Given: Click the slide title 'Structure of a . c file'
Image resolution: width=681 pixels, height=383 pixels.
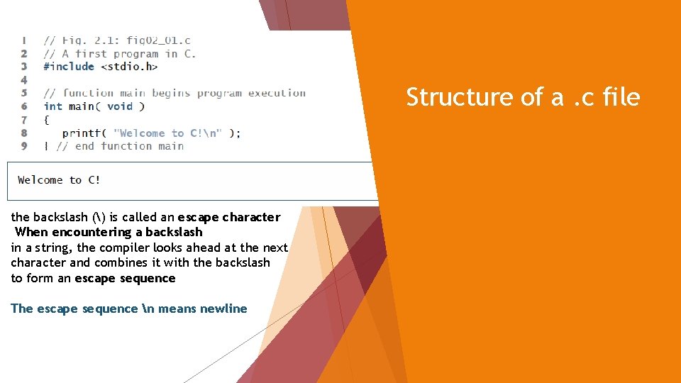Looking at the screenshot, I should (523, 97).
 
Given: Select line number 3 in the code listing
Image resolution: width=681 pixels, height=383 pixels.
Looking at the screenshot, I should (24, 67).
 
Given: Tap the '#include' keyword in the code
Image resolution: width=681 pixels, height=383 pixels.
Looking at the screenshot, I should (69, 67).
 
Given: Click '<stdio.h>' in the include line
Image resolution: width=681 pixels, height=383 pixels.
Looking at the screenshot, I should (129, 67).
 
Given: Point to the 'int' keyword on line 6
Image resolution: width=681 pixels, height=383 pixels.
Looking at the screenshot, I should (52, 106).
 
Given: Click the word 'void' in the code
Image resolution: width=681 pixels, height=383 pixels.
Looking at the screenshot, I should (120, 106).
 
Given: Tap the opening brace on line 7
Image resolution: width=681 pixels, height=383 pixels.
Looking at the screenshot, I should (47, 120).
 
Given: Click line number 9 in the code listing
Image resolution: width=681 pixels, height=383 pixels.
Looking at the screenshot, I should (24, 146).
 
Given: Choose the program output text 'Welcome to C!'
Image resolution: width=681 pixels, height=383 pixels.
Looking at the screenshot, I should (59, 180).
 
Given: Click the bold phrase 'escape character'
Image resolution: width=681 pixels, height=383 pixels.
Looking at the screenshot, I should (229, 217).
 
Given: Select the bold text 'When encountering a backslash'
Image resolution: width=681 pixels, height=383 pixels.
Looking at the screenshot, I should (109, 232).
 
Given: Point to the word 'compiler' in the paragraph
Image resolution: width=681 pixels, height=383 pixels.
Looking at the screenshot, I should (124, 248).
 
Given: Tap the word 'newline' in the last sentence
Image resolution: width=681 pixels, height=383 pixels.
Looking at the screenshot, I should (223, 309).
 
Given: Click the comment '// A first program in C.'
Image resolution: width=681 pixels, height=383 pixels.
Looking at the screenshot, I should (120, 53).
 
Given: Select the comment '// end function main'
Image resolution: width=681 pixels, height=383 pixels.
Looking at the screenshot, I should (120, 146).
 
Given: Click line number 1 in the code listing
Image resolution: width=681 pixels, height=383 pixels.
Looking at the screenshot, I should (24, 40).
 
